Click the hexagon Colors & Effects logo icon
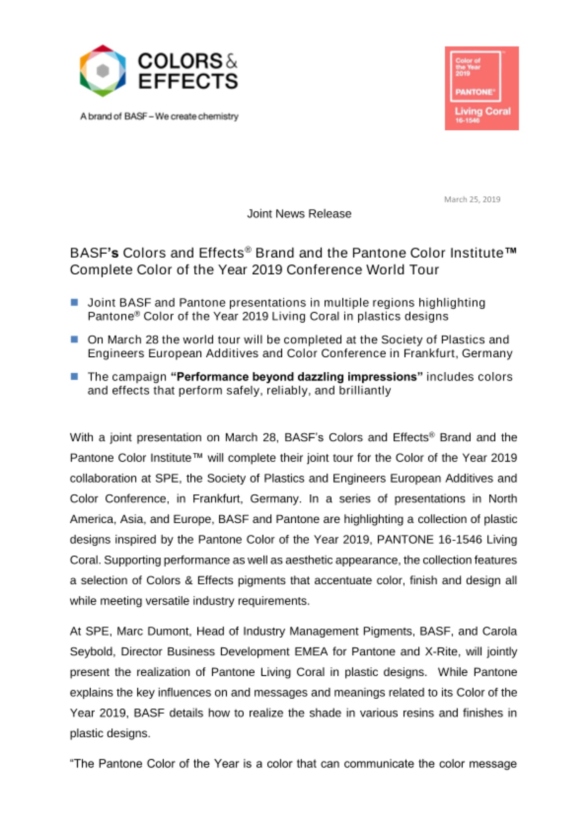click(x=103, y=71)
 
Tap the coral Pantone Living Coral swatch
click(x=482, y=88)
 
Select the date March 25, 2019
click(x=472, y=200)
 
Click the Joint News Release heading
click(x=299, y=214)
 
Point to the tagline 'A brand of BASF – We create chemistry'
click(x=159, y=116)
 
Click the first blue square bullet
click(x=75, y=302)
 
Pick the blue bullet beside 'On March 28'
click(x=75, y=339)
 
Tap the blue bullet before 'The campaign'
click(x=75, y=376)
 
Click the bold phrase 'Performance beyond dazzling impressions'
click(x=296, y=377)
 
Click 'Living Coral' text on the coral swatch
click(x=482, y=111)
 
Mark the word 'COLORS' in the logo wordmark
click(x=180, y=61)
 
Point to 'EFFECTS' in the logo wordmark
click(x=188, y=81)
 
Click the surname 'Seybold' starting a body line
click(x=92, y=652)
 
